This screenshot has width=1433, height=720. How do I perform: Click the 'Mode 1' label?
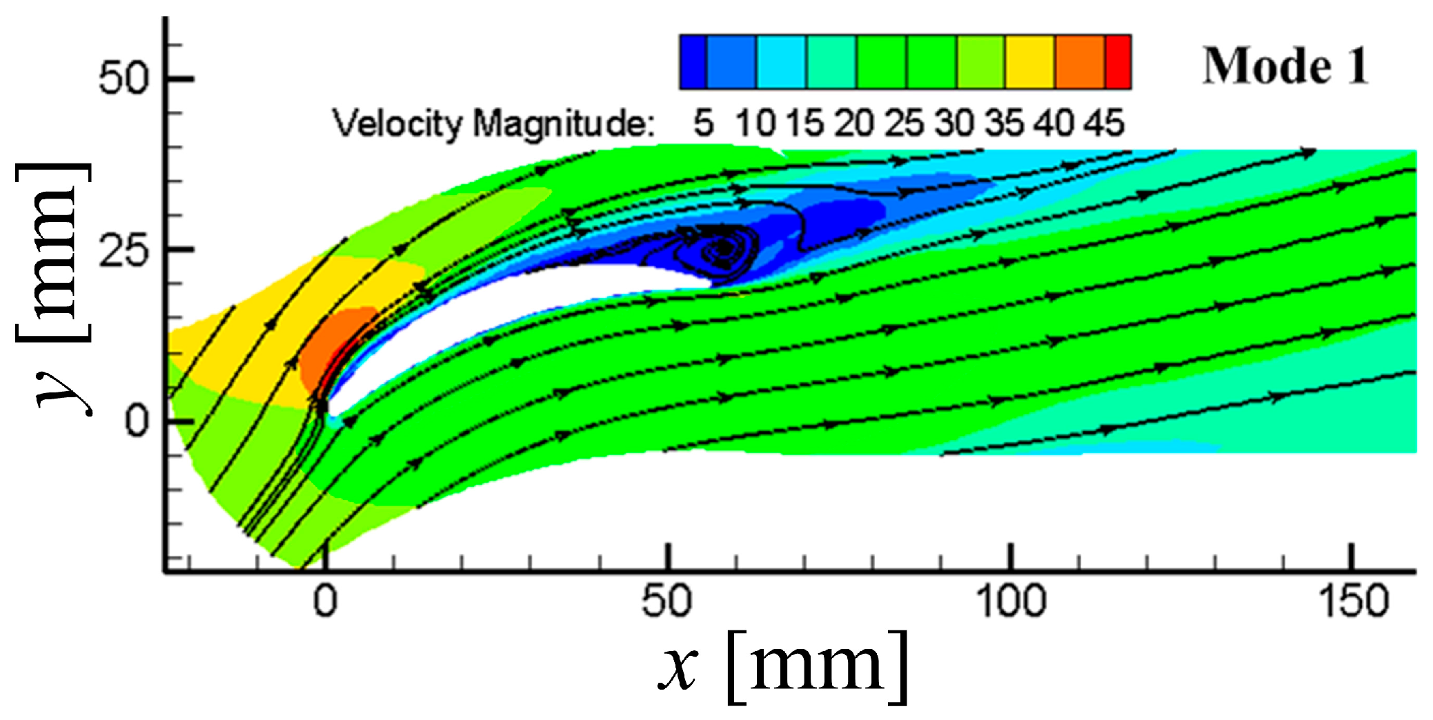click(x=1285, y=66)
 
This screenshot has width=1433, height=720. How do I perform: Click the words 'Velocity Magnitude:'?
click(x=493, y=125)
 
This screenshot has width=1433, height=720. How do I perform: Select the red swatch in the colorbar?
click(x=1118, y=62)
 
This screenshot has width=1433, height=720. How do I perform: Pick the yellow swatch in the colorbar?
click(x=1029, y=62)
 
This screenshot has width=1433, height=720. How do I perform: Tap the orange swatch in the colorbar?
click(x=1080, y=62)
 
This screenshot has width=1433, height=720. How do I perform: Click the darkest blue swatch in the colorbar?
click(x=693, y=62)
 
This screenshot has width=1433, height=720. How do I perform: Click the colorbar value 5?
click(x=703, y=124)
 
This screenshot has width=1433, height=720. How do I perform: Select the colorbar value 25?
click(x=904, y=124)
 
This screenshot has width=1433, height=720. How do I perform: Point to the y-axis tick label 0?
click(x=137, y=421)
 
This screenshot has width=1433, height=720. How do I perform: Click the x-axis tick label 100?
click(x=1011, y=601)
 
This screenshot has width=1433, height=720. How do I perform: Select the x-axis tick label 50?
click(x=666, y=601)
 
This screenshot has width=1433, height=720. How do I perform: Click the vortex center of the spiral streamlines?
click(x=723, y=247)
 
